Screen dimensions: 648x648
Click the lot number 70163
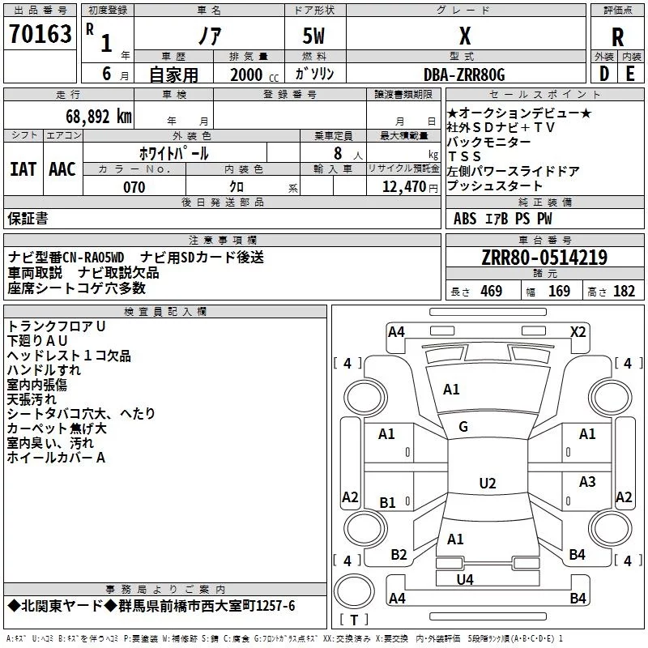click(x=40, y=33)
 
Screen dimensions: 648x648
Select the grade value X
click(x=465, y=36)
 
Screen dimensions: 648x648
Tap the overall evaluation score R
click(x=617, y=37)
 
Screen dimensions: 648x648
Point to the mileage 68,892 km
click(x=98, y=117)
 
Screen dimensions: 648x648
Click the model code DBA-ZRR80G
click(x=464, y=75)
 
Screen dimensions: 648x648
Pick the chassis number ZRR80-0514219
click(x=544, y=257)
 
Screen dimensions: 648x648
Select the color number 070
click(x=134, y=187)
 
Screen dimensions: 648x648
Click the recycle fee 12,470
click(x=403, y=186)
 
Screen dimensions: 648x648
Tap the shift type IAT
click(x=23, y=169)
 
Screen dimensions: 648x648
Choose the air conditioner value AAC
click(x=62, y=169)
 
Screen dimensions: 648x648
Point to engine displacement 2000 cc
click(x=254, y=75)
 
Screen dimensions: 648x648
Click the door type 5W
click(x=313, y=36)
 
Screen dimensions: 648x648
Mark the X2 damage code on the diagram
click(x=578, y=332)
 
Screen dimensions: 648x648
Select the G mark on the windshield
click(x=463, y=427)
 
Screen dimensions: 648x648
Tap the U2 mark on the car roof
click(x=488, y=483)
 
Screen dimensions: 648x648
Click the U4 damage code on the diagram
click(x=465, y=580)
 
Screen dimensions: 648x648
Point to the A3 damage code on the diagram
click(x=587, y=481)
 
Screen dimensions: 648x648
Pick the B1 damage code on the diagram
click(x=388, y=502)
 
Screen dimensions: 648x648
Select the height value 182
click(x=624, y=291)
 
